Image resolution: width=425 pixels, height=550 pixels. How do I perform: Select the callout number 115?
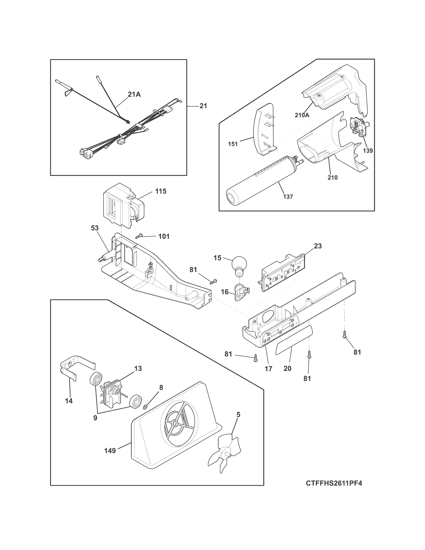click(x=161, y=191)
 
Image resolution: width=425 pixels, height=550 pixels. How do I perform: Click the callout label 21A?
click(x=134, y=94)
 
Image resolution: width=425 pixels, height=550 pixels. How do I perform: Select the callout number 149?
click(x=110, y=450)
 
